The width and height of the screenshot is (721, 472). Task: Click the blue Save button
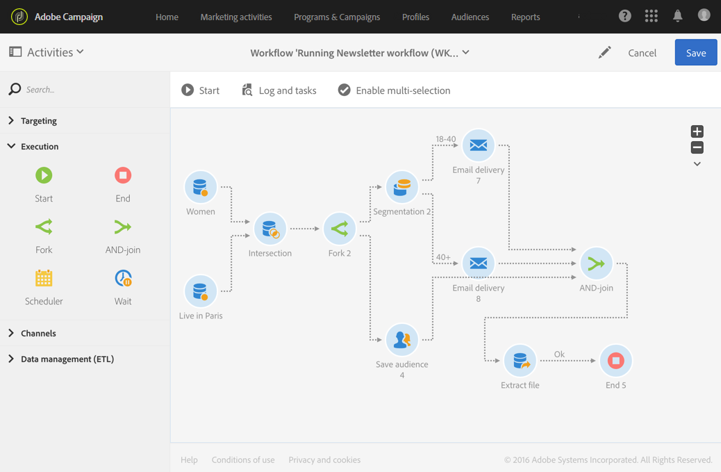(695, 53)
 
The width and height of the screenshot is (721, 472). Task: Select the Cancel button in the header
(642, 53)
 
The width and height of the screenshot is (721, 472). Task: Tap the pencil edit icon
(604, 52)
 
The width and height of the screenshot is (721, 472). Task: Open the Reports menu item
(525, 17)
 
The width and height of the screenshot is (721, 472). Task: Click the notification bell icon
(677, 16)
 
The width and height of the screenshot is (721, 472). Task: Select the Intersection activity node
(270, 229)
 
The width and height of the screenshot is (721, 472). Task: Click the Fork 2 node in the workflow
(339, 229)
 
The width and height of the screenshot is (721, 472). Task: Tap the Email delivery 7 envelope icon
(478, 145)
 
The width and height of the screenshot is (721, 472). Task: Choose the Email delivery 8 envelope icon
(478, 263)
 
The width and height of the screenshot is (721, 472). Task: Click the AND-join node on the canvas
(596, 263)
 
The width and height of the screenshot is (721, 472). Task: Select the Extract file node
(520, 361)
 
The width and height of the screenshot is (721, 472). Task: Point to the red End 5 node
(615, 361)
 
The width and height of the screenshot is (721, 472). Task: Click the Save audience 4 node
(401, 340)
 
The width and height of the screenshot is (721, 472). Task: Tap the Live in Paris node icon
(200, 291)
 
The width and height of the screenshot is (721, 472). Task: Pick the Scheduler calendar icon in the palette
(44, 279)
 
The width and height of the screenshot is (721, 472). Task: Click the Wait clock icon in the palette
(123, 279)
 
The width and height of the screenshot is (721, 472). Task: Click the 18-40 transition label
(445, 139)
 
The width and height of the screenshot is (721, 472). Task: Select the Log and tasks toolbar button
(279, 90)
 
